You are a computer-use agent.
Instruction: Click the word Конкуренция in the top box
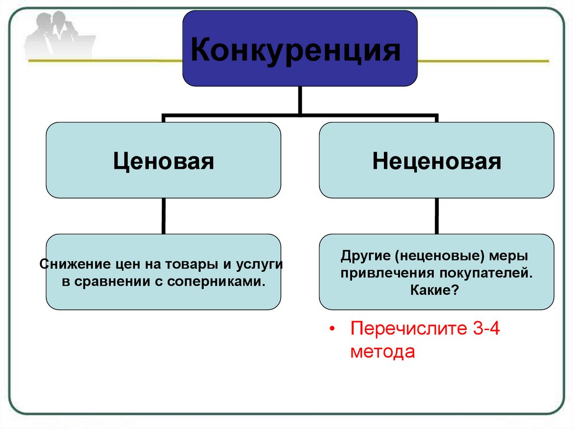pos(296,51)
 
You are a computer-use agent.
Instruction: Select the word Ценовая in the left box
pos(163,162)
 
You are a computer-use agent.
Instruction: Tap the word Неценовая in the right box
pos(437,162)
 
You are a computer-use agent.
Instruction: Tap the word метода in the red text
pos(383,352)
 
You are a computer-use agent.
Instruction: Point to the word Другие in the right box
pos(364,256)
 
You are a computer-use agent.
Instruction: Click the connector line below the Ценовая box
pos(163,216)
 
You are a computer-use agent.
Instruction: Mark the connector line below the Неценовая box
pos(437,216)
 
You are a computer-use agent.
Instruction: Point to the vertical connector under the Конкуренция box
pos(300,100)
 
